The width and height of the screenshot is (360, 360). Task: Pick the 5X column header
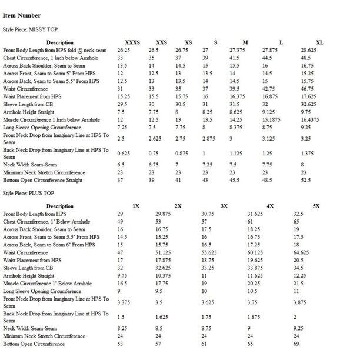316,206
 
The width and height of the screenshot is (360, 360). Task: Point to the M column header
245,42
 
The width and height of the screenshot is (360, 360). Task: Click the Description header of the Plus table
60,206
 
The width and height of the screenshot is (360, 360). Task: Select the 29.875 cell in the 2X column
163,214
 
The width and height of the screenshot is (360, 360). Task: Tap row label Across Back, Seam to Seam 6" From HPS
49,245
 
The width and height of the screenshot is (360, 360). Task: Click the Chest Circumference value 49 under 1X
119,222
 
